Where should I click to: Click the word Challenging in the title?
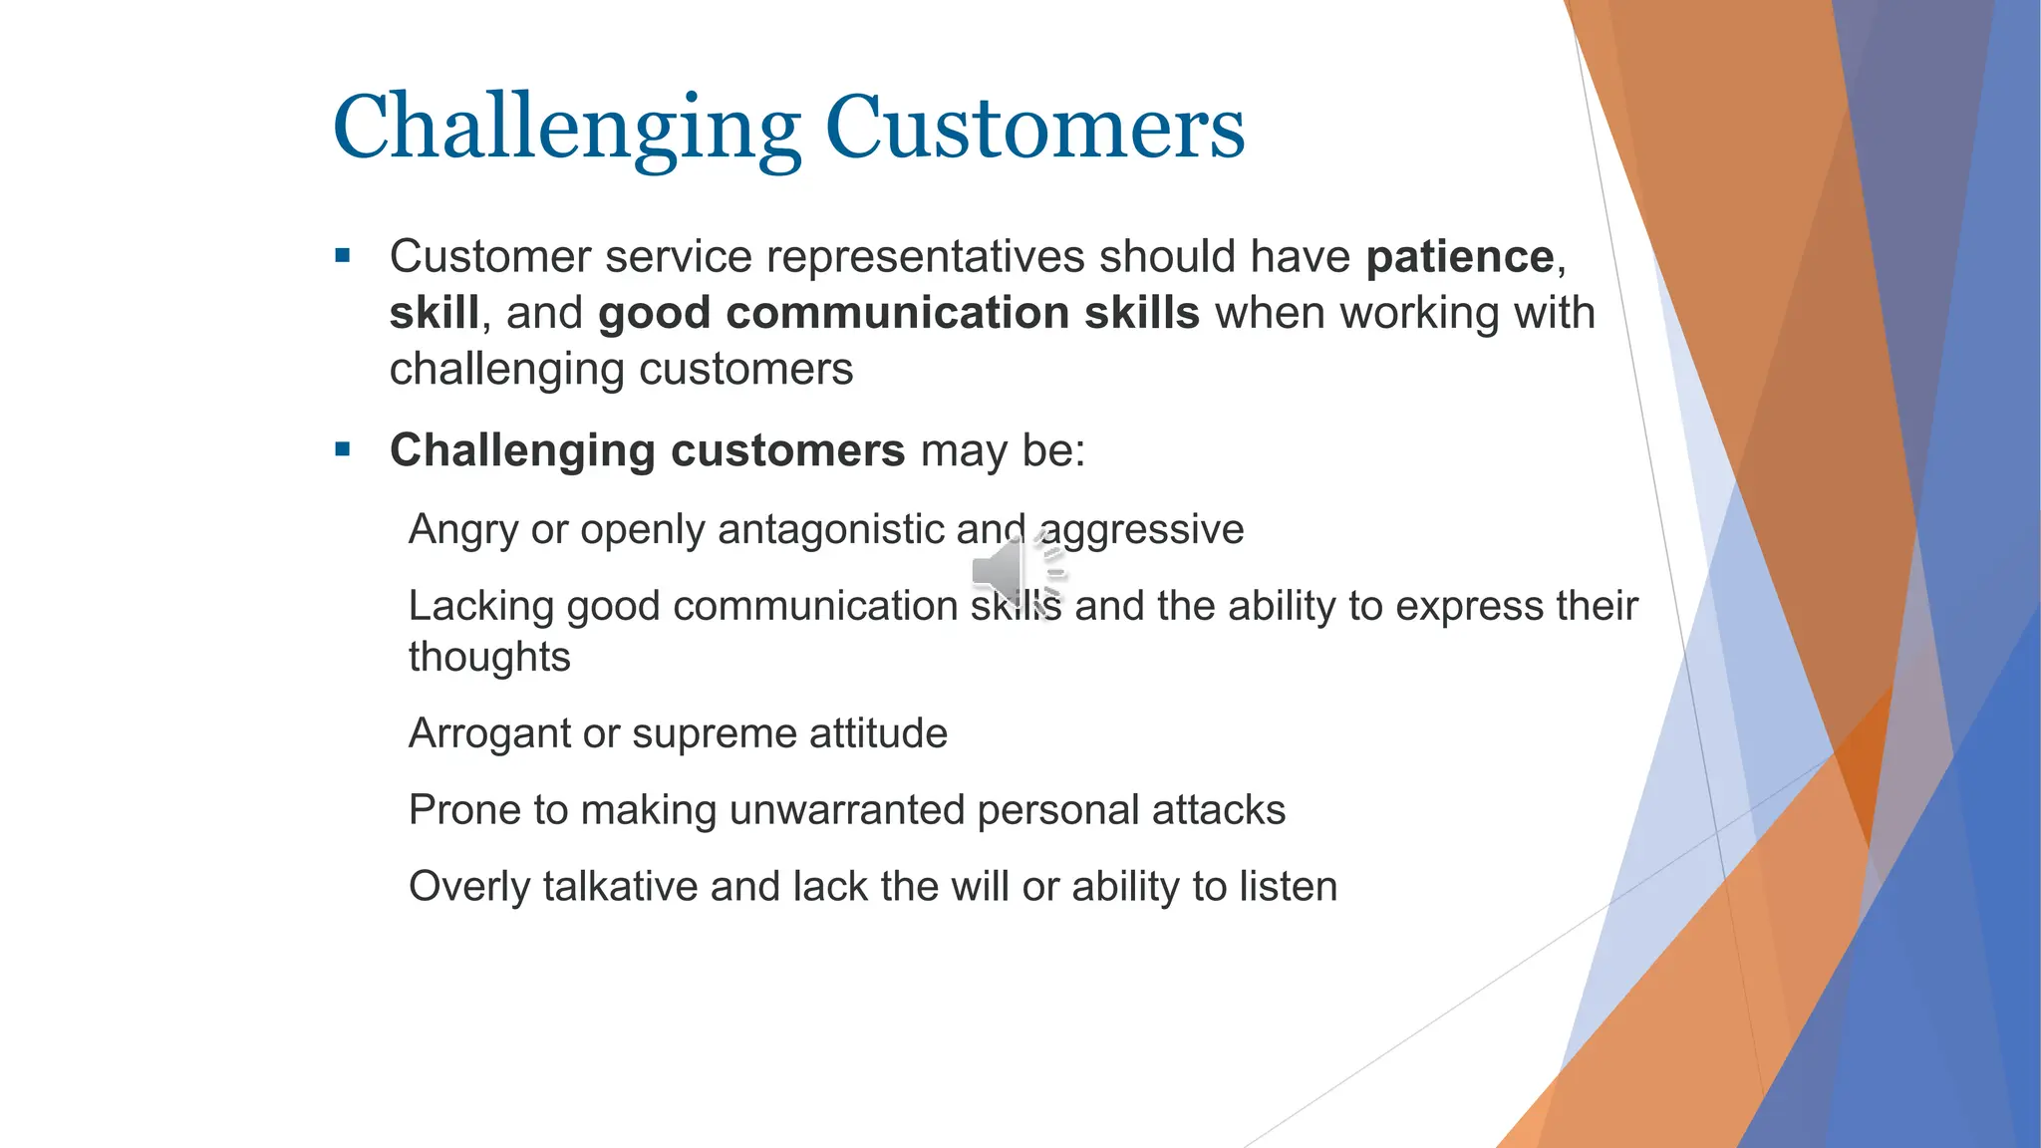(566, 128)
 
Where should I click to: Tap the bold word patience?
(1459, 257)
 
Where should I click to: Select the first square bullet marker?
(343, 256)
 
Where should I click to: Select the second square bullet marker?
(343, 449)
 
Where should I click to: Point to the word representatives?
(924, 257)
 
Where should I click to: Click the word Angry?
(463, 529)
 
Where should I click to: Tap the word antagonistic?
(831, 529)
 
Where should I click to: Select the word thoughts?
(489, 658)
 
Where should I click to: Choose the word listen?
(1288, 887)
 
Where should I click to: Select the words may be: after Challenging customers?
(1002, 450)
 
